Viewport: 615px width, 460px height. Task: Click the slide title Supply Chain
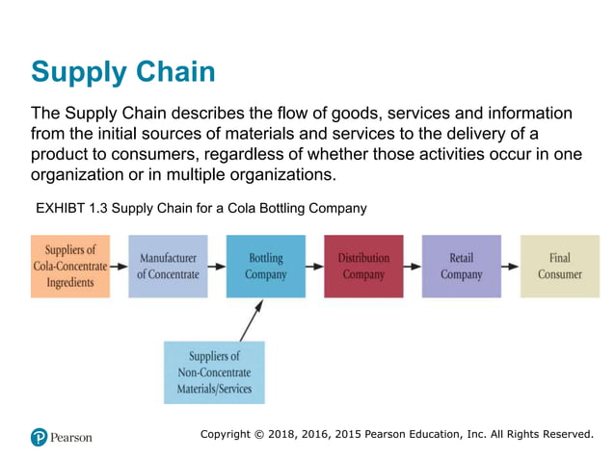coord(122,71)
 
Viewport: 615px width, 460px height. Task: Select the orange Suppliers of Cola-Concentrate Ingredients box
coord(70,266)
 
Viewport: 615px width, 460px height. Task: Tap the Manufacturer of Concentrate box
coord(168,266)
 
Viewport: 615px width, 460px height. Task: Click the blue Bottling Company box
coord(266,266)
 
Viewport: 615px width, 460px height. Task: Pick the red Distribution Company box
coord(363,266)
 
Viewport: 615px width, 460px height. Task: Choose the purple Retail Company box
coord(461,266)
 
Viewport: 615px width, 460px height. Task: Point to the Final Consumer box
coord(559,266)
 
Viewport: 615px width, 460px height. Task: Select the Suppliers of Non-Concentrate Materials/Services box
coord(214,372)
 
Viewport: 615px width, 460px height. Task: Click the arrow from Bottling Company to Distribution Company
coord(314,266)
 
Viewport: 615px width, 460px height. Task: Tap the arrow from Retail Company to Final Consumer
coord(510,266)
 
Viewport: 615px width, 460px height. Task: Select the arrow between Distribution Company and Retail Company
coord(413,266)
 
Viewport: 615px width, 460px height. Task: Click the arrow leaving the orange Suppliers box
coord(119,266)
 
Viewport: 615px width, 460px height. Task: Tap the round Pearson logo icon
coord(39,437)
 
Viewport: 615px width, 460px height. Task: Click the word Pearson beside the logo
coord(72,438)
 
